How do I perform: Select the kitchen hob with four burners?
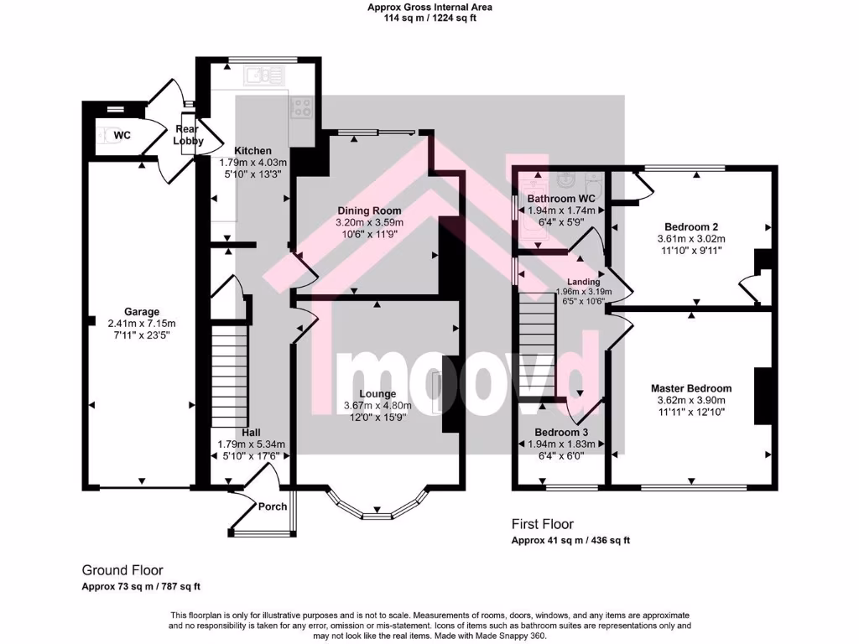click(x=300, y=106)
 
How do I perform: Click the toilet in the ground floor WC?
click(x=105, y=135)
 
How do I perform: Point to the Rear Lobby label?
click(x=188, y=135)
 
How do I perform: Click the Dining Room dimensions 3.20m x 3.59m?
click(x=370, y=222)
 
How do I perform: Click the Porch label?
click(x=272, y=506)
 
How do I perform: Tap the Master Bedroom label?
click(x=691, y=388)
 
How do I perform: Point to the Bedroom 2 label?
click(x=690, y=226)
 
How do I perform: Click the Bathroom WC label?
click(x=560, y=199)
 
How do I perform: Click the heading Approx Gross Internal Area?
click(x=429, y=7)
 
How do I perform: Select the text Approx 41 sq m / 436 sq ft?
click(x=570, y=541)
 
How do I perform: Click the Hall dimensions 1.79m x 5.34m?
click(x=252, y=444)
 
